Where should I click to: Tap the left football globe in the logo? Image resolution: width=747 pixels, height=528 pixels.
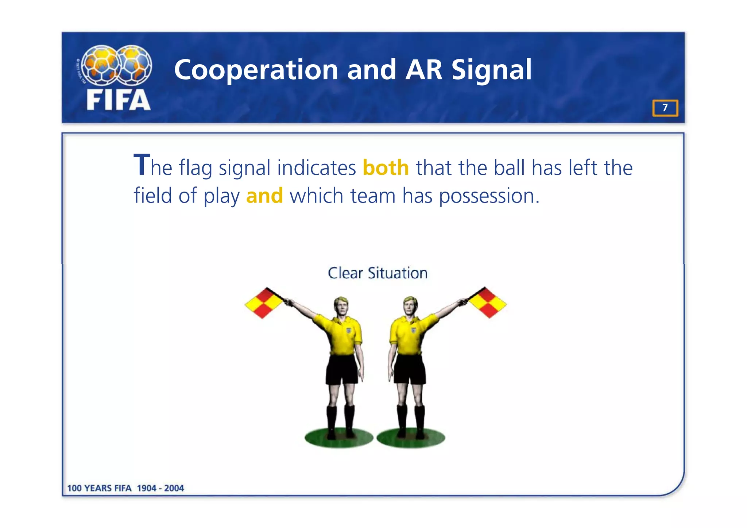pos(100,65)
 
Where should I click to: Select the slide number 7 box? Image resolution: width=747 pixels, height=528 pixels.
pos(665,108)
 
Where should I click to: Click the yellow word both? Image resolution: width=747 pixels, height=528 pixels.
pos(386,168)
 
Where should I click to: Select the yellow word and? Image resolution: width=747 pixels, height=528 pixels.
pos(264,196)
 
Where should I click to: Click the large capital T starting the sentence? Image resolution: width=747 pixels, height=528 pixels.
pos(142,165)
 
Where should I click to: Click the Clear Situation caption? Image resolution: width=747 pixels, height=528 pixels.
pos(378,273)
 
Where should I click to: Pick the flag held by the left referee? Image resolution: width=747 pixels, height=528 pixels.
pos(263,303)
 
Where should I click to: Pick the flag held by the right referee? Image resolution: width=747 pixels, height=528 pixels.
pos(487,302)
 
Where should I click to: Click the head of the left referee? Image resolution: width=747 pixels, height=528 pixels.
pos(341,307)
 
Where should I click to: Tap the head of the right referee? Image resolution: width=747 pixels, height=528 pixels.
pos(410,306)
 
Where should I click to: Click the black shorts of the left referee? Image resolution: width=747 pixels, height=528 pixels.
pos(341,369)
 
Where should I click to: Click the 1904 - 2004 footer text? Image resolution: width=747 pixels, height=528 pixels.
pos(160,488)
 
